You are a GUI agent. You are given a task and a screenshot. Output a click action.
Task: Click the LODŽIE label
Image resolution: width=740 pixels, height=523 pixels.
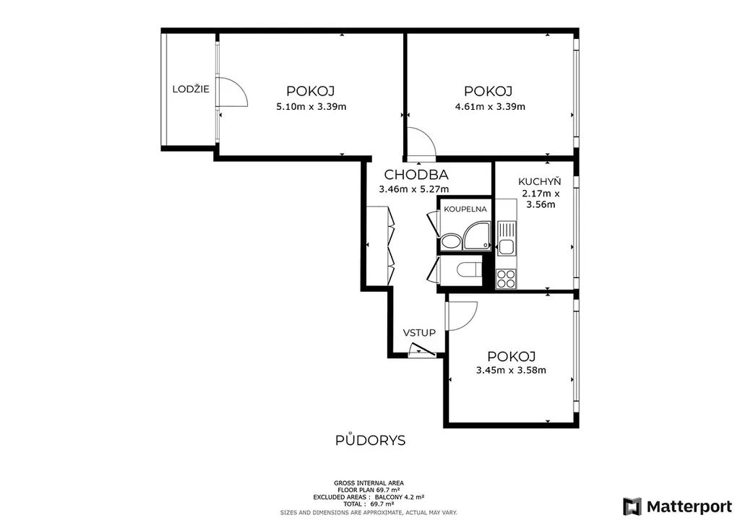[191, 89]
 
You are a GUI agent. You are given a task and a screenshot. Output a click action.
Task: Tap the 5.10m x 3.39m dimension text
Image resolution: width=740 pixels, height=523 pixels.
[311, 107]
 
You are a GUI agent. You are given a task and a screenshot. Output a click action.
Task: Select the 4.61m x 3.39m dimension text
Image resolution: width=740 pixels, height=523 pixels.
[490, 107]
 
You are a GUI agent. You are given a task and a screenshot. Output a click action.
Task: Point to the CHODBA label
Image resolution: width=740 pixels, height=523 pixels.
[416, 175]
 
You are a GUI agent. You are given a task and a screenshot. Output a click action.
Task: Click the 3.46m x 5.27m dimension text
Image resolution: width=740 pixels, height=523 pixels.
[414, 189]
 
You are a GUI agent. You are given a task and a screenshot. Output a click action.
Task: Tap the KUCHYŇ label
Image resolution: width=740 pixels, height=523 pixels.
[539, 181]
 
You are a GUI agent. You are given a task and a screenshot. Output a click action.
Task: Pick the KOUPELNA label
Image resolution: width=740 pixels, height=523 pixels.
[465, 209]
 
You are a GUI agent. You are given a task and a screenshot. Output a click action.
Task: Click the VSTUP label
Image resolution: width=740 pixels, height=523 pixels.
[419, 333]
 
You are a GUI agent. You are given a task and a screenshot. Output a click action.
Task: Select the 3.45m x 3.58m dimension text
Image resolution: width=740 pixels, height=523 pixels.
[511, 370]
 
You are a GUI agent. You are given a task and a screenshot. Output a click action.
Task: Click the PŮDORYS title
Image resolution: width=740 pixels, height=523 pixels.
[371, 441]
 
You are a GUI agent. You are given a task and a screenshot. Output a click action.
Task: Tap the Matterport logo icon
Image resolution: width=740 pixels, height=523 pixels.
[632, 506]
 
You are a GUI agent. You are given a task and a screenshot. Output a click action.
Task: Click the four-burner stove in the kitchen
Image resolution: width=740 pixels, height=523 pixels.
[506, 278]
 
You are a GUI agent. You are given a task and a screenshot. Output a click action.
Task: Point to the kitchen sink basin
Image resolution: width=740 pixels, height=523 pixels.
[506, 247]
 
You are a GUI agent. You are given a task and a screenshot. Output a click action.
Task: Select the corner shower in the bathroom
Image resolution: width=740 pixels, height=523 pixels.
[477, 235]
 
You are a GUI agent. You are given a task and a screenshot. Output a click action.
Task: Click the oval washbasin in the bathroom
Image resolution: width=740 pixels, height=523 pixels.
[451, 242]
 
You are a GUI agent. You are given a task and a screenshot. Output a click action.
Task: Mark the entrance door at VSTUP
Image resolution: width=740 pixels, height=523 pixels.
[422, 350]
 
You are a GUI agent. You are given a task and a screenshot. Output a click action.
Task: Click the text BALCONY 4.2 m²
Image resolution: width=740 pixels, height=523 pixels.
[400, 497]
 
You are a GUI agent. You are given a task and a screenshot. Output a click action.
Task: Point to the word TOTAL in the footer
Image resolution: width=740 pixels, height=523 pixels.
[354, 504]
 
